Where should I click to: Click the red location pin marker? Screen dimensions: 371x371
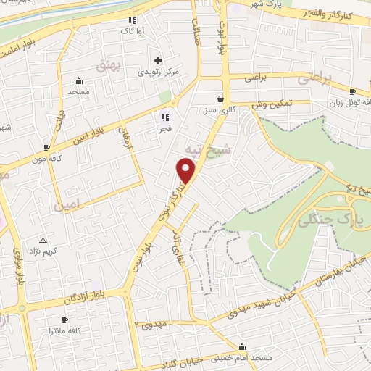pos(187,171)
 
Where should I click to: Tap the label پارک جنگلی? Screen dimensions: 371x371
pos(323,214)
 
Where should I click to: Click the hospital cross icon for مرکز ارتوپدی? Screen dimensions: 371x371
pos(158,60)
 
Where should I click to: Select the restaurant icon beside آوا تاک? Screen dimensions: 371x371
pos(131,21)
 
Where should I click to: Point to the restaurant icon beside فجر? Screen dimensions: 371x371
pos(164,117)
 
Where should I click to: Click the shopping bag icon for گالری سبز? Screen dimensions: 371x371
pos(221,99)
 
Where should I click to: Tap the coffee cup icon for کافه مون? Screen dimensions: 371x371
pos(46,147)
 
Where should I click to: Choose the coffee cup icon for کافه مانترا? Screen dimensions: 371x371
pos(64,320)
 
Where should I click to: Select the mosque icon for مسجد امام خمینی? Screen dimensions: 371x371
pos(242,346)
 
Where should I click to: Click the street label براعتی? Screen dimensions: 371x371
pos(257,75)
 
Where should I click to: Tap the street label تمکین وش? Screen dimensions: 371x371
pos(272,105)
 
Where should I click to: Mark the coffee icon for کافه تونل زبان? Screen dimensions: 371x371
pos(352,92)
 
